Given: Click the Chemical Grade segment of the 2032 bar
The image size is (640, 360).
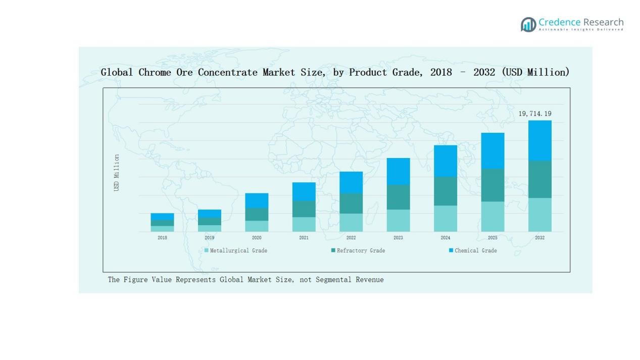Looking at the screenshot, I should point(539,140).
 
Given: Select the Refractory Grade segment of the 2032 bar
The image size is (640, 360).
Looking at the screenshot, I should point(539,179).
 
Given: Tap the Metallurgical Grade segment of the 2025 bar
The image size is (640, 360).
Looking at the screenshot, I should point(493,216).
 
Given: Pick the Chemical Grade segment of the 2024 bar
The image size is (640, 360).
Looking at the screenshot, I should point(445,161).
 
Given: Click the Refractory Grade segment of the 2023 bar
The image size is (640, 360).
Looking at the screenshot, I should point(398,197).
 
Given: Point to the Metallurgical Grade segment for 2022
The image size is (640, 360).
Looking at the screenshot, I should point(351,222).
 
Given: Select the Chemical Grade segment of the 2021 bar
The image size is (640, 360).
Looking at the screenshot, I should point(304,191).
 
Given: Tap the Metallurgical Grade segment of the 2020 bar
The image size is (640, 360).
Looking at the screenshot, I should point(257,226).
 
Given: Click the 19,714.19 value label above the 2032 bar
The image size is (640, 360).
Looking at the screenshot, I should point(535,114).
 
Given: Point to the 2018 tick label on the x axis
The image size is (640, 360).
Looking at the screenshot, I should point(162,238).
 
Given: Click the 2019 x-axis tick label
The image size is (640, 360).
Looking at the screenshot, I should point(209,238).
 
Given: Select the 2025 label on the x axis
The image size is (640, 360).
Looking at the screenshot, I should point(493,238).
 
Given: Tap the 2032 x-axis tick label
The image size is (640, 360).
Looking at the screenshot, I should point(539,238).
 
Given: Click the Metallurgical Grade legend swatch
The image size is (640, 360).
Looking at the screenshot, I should point(206,250).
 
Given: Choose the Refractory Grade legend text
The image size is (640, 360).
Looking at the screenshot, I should point(361,250).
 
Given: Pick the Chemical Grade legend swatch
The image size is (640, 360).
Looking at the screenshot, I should point(451,250).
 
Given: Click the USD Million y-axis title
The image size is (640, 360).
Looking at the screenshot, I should point(117,173).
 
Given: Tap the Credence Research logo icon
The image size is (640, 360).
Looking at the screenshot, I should point(528,24).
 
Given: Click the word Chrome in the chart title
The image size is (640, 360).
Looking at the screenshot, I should point(155,72).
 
